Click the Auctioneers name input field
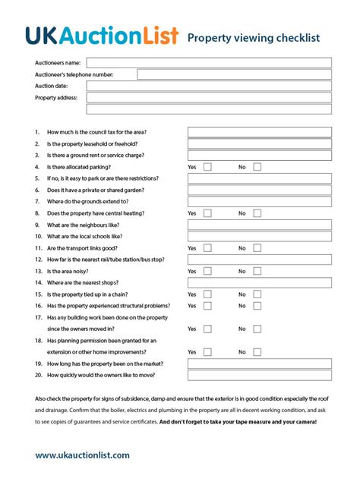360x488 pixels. tap(209, 63)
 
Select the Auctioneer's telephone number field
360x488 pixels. tap(234, 74)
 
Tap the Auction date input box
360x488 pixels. tap(209, 86)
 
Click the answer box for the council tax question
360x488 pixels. tap(259, 132)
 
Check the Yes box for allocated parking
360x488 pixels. tap(207, 167)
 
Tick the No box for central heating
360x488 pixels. tap(257, 213)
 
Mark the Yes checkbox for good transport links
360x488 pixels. tap(207, 248)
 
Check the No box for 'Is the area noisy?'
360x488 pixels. tap(257, 271)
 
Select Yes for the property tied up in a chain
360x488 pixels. tap(207, 294)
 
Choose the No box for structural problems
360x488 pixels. tap(257, 306)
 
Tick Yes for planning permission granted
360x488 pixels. tap(207, 352)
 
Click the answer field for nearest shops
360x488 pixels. tap(259, 282)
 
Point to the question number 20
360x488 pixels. tap(38, 375)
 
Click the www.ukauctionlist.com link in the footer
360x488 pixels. tap(82, 455)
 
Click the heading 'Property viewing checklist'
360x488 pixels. tap(253, 37)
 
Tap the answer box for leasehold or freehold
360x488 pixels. tap(259, 143)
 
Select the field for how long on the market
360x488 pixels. tap(259, 364)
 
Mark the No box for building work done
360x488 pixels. tap(257, 329)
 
